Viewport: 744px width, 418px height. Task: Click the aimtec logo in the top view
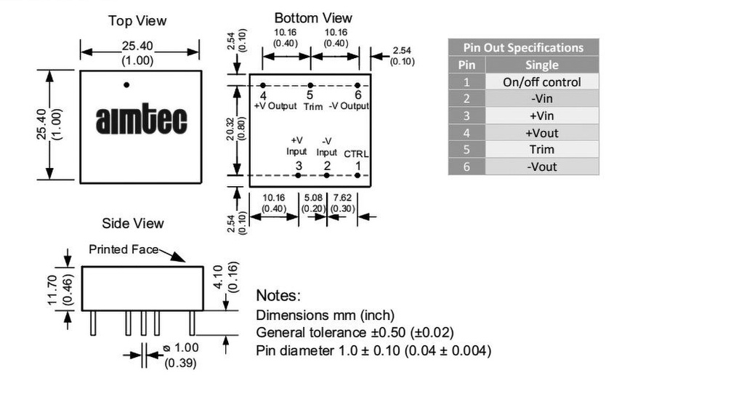pos(142,119)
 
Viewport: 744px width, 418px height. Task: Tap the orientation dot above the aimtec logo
pos(126,85)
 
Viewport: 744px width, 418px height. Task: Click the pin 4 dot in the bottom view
pos(263,86)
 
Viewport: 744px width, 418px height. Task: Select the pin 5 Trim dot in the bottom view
pos(310,86)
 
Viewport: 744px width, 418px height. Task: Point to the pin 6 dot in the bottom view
pos(357,86)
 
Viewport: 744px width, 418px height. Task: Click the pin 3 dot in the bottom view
pos(298,175)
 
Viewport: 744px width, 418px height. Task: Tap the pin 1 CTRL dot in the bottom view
pos(357,175)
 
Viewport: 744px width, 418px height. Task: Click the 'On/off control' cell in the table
pos(542,81)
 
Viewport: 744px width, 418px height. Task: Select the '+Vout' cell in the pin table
pos(542,133)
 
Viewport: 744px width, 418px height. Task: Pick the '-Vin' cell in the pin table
pos(542,99)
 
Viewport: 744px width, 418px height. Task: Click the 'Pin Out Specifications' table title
pos(523,47)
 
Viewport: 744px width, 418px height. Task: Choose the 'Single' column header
pos(542,65)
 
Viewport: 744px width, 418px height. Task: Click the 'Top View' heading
pos(137,21)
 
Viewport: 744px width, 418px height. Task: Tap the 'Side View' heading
pos(133,223)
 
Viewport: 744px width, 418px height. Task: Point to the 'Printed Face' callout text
pos(124,249)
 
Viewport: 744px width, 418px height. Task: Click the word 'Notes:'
pos(278,295)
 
